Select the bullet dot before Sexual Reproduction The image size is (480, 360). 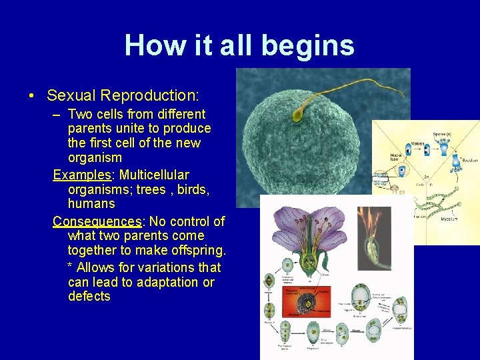click(x=32, y=95)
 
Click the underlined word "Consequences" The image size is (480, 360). click(x=97, y=221)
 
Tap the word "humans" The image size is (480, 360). click(x=91, y=203)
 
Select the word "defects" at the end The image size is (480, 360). click(x=89, y=296)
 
